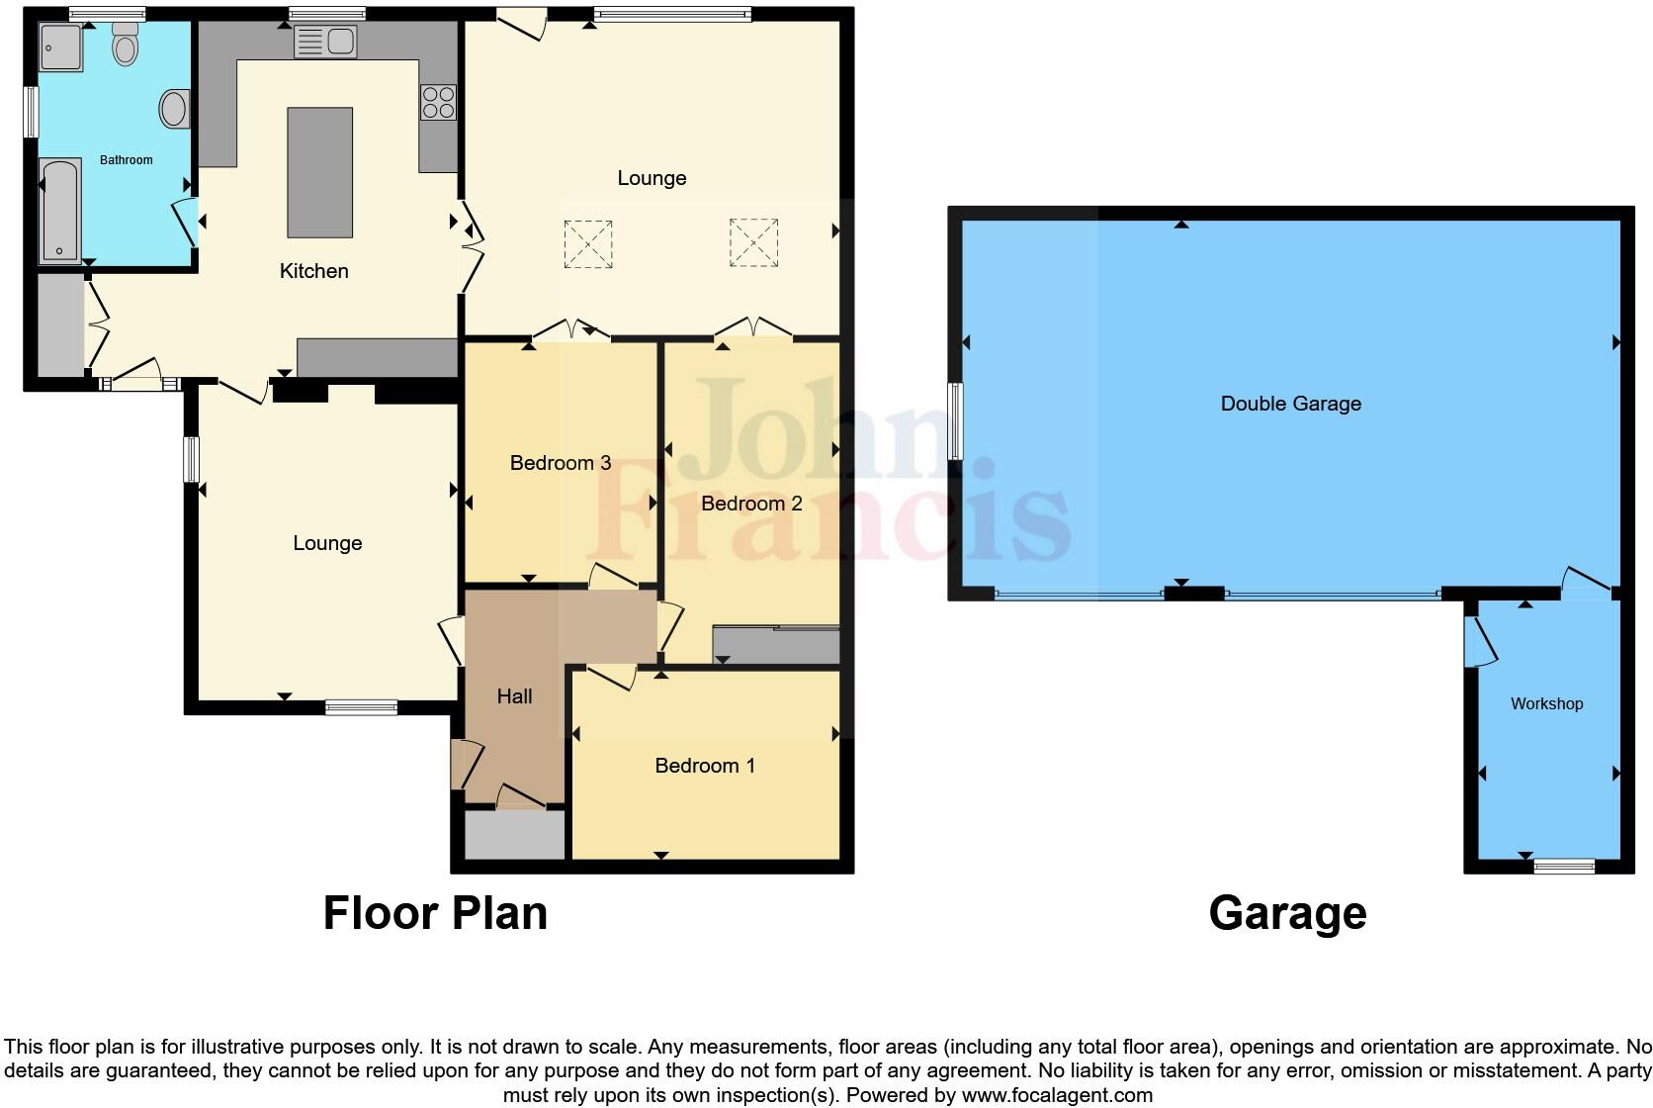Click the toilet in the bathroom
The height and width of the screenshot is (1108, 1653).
click(126, 46)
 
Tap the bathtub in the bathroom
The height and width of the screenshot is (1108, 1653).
click(59, 211)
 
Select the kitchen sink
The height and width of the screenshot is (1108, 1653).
click(324, 42)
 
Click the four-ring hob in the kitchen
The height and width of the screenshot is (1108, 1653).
click(438, 102)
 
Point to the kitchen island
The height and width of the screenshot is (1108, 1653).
click(319, 172)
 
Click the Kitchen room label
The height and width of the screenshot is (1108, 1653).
click(314, 271)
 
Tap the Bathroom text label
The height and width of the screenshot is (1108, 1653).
click(127, 160)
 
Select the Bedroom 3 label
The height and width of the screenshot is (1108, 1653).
click(560, 463)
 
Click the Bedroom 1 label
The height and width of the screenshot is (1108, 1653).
click(705, 766)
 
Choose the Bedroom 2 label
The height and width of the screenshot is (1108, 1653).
click(751, 504)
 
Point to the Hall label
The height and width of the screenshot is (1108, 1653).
click(514, 696)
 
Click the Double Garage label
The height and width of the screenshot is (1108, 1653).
click(1290, 404)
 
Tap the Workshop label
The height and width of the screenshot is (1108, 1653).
click(1546, 704)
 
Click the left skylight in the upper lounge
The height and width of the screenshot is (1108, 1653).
click(588, 243)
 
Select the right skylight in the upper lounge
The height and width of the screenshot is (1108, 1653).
click(753, 242)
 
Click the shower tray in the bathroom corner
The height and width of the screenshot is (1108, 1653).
click(60, 47)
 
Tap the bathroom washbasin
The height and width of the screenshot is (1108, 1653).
click(175, 109)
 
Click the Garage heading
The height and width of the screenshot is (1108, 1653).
click(1287, 913)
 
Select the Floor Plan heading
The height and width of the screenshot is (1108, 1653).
click(435, 913)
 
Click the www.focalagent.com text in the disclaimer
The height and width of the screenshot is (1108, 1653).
click(1057, 1095)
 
